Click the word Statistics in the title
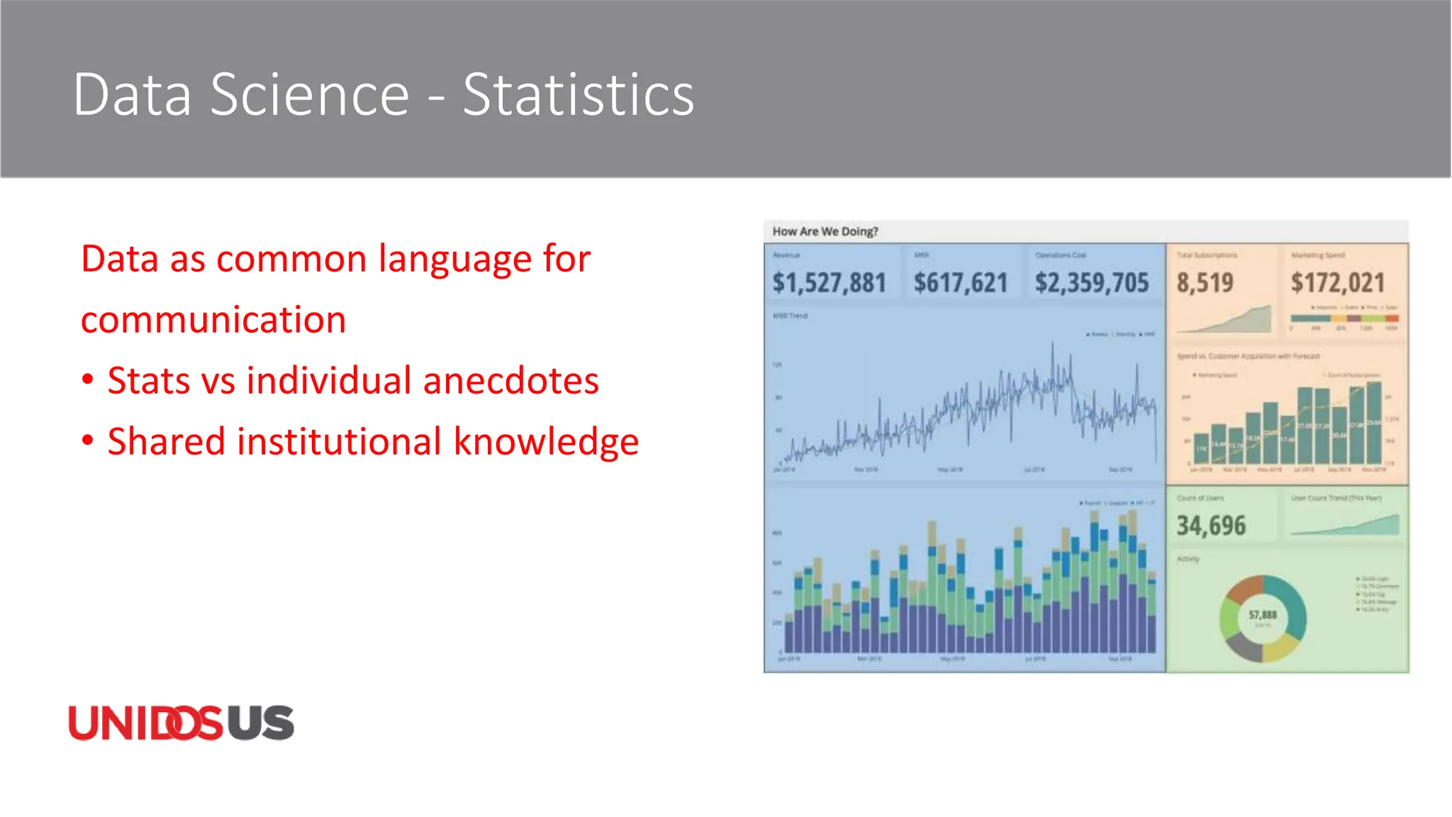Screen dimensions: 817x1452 (x=578, y=95)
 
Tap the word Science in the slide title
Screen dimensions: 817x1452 (x=310, y=95)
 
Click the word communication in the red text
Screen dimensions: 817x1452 (x=213, y=320)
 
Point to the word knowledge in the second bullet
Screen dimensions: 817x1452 (x=546, y=442)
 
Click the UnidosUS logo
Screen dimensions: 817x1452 (x=181, y=723)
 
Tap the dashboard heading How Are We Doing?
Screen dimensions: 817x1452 (x=825, y=231)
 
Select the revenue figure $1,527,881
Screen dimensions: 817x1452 (x=829, y=283)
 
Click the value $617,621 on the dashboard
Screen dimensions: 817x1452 (x=960, y=283)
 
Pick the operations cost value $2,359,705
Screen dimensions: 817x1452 (x=1091, y=283)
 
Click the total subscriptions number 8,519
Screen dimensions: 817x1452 (x=1205, y=283)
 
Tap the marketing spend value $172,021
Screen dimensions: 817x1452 (x=1337, y=283)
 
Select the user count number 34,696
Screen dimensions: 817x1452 (x=1211, y=526)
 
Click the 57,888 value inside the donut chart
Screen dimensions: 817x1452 (x=1263, y=615)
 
